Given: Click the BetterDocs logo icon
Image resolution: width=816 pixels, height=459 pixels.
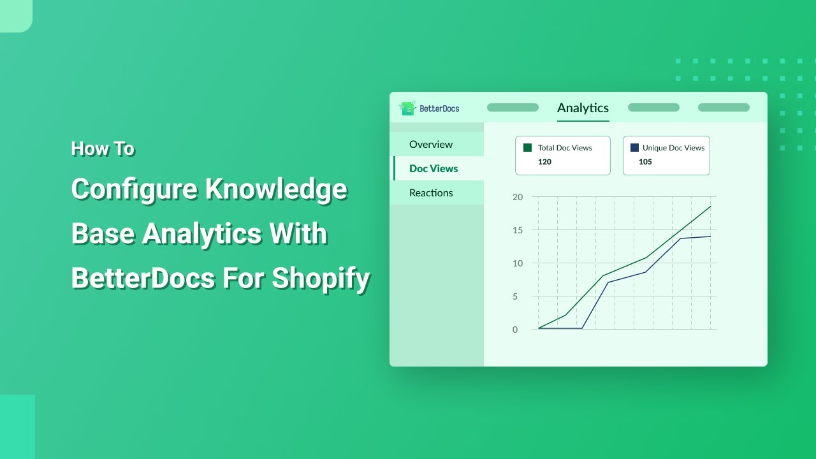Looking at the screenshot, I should pos(407,108).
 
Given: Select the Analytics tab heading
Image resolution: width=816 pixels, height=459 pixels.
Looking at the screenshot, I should pos(583,108).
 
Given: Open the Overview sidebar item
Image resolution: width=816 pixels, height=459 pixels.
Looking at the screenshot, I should pos(431,144).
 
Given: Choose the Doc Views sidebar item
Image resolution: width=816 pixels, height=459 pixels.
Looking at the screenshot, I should pos(433,168).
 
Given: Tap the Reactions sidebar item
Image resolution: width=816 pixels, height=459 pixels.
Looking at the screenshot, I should pos(431,193).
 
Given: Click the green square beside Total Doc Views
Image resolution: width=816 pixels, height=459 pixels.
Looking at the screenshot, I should pos(527,147).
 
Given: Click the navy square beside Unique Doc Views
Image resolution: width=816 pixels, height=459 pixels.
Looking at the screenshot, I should pos(634,147).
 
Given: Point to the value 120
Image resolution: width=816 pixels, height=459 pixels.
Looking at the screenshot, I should pos(544,162).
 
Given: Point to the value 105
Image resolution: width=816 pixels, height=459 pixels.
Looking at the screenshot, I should pos(645,162).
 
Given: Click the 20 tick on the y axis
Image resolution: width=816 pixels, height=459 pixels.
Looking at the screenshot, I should pos(518,197).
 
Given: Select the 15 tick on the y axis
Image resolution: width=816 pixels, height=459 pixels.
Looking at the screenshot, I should pos(518,230).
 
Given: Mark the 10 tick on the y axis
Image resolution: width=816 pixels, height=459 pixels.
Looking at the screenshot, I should pos(518,263).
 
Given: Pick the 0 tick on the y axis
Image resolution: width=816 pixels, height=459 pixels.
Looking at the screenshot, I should pos(515,330).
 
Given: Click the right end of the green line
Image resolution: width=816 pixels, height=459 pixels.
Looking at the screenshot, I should pos(710,207).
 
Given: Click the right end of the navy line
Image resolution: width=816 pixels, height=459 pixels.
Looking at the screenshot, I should pos(710,237).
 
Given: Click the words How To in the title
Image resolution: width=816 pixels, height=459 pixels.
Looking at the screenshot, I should pos(103,149).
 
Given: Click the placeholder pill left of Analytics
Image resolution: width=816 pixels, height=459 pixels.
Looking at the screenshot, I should pos(513,108).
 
